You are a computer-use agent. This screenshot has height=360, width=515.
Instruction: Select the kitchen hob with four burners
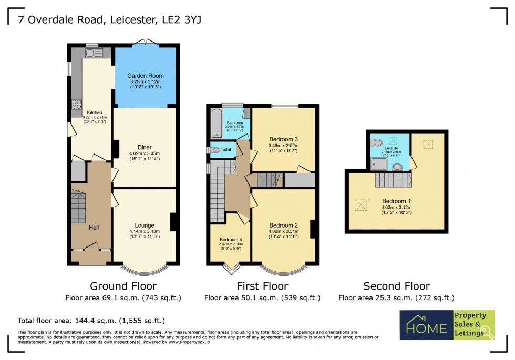(76, 104)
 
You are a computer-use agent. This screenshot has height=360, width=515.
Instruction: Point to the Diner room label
(145, 147)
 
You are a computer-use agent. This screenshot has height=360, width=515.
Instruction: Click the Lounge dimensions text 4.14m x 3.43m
(145, 231)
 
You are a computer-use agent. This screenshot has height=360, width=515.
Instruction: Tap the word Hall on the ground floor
(94, 227)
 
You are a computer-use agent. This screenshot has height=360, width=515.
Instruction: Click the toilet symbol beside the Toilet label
(214, 150)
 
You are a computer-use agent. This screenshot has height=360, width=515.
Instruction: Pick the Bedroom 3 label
(283, 139)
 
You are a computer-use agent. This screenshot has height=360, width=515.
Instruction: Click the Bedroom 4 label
(230, 239)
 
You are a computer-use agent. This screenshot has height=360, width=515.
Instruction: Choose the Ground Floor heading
(123, 286)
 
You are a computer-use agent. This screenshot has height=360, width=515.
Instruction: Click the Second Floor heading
(396, 286)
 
